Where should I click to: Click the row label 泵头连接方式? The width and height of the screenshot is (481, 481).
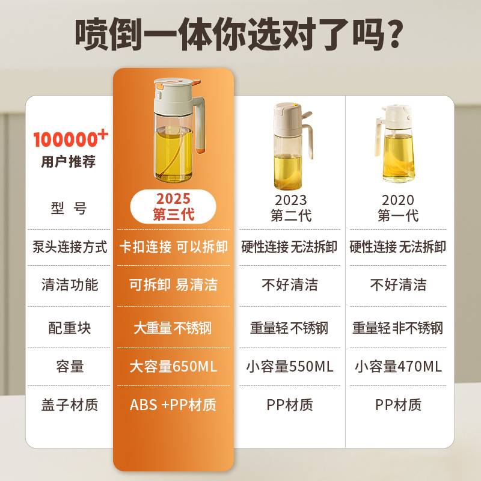pyautogui.click(x=70, y=247)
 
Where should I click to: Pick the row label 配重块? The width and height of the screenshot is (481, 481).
pyautogui.click(x=70, y=328)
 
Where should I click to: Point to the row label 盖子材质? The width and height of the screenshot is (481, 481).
pyautogui.click(x=70, y=405)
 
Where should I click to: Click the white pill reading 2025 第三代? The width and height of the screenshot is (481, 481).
pyautogui.click(x=173, y=206)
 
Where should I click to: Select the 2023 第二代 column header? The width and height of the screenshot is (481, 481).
pyautogui.click(x=290, y=207)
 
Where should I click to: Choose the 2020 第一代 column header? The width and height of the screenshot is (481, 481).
pyautogui.click(x=398, y=207)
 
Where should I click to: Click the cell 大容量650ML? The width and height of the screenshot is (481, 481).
pyautogui.click(x=173, y=366)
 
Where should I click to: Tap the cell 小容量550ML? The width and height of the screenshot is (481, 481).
pyautogui.click(x=290, y=366)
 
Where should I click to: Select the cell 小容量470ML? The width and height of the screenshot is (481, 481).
pyautogui.click(x=398, y=366)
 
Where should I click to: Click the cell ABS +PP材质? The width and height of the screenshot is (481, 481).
pyautogui.click(x=173, y=405)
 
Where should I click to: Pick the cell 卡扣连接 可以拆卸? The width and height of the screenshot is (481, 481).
pyautogui.click(x=173, y=247)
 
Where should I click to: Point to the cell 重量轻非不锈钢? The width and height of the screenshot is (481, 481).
pyautogui.click(x=398, y=328)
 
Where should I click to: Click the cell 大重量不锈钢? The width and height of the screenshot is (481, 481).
pyautogui.click(x=173, y=328)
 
